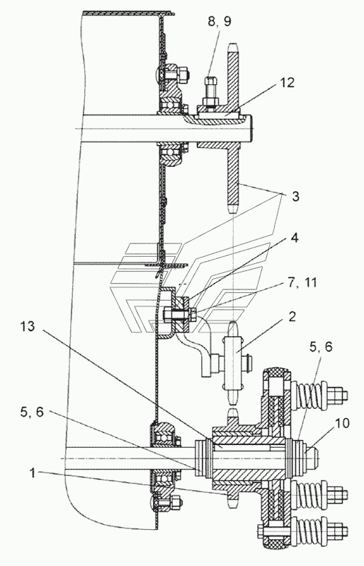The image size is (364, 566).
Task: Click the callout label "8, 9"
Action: pos(219,21)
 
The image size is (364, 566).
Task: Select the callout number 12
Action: pos(287,82)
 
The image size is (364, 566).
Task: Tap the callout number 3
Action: pos(296,197)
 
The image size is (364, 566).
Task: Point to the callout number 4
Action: pos(295,238)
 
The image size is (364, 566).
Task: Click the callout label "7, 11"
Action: pos(302,282)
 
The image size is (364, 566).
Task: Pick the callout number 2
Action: pos(292,316)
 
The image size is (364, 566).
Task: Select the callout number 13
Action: pos(28,326)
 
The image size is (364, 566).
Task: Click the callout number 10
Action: pos(342,422)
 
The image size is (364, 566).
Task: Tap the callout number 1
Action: pos(33,473)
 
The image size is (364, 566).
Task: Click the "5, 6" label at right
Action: pos(321,347)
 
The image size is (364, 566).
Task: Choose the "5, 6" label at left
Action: pos(32,412)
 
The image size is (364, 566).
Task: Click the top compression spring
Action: pos(309,394)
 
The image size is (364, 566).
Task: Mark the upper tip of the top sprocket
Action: pos(233,44)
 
